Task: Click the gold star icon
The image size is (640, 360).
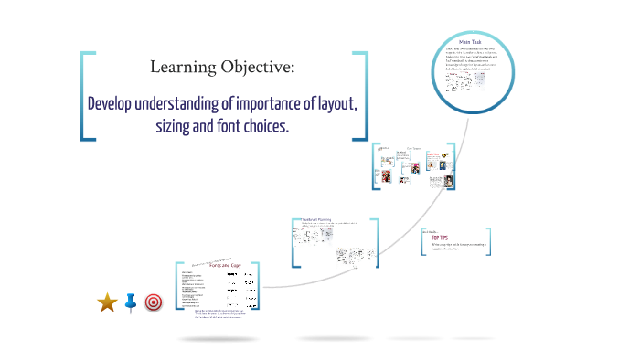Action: click(x=107, y=302)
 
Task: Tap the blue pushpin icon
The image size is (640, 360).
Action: click(x=130, y=302)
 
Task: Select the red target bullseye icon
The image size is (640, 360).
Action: click(x=154, y=302)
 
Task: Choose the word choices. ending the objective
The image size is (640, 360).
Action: click(x=270, y=126)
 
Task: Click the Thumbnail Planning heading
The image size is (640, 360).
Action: click(x=315, y=220)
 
